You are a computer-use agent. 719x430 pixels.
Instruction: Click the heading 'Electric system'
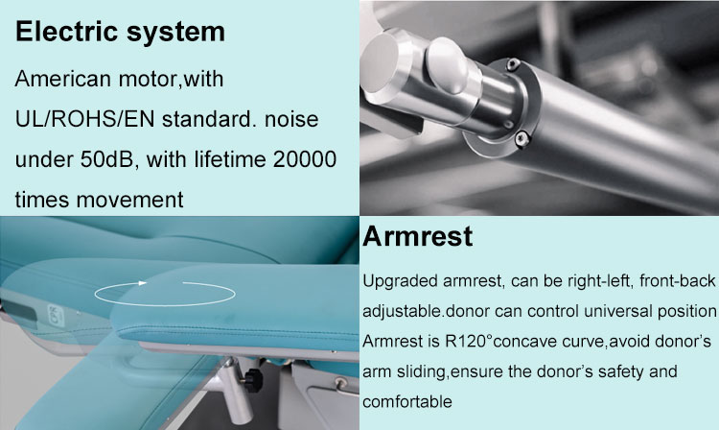(x=120, y=32)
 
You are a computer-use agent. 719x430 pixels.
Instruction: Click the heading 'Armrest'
(x=418, y=237)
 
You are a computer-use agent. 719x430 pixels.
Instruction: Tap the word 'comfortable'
(x=406, y=399)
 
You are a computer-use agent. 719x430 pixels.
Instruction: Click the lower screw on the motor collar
(x=526, y=140)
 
